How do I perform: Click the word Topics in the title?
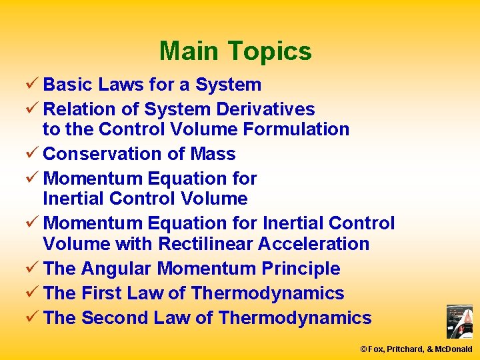pos(269,51)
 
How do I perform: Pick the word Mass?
pos(213,154)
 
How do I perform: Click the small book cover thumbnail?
pos(459,321)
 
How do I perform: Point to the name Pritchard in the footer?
pos(413,349)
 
